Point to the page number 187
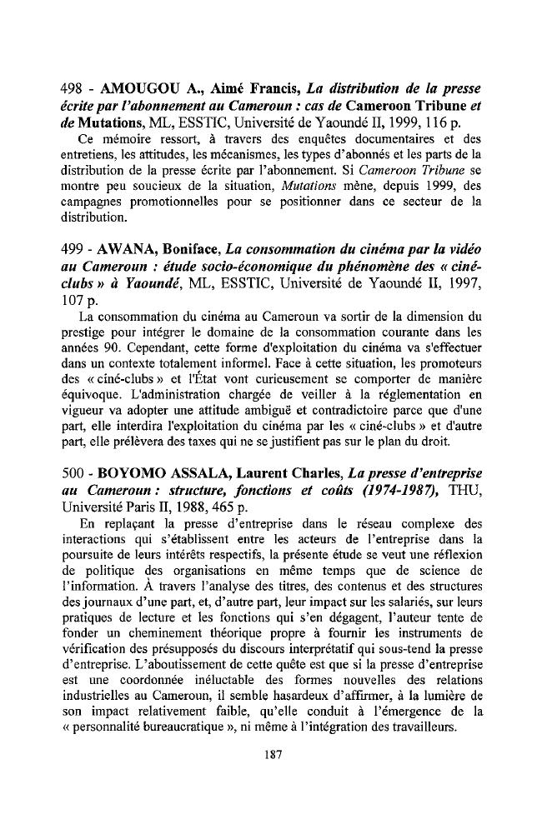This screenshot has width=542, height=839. tap(271, 753)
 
